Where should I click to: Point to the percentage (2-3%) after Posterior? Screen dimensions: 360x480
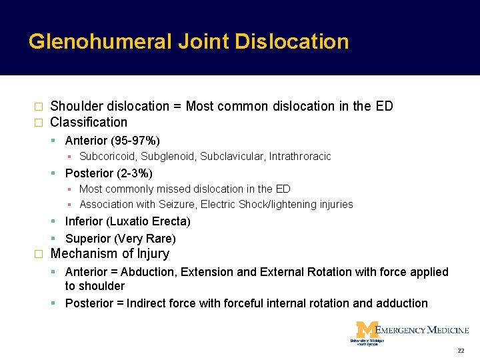click(x=133, y=173)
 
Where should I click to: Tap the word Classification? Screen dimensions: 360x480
click(x=89, y=122)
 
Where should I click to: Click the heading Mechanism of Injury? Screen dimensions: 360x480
click(x=110, y=254)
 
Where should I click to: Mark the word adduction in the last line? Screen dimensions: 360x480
click(x=401, y=303)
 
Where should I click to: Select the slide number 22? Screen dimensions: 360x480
click(x=461, y=351)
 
